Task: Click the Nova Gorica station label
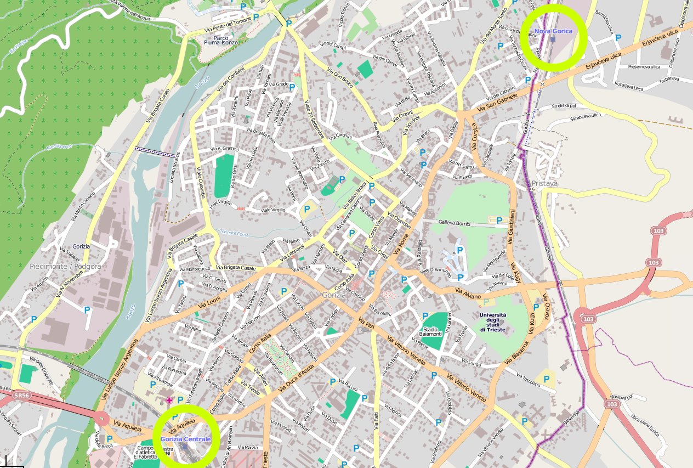[553, 31]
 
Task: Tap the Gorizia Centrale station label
[185, 439]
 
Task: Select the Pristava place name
[544, 183]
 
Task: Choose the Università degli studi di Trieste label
[493, 322]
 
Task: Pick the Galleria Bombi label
[455, 222]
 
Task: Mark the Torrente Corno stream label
[234, 234]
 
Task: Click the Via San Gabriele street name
[497, 103]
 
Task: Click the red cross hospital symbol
[169, 401]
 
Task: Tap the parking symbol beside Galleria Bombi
[499, 221]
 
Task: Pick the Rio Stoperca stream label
[59, 146]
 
